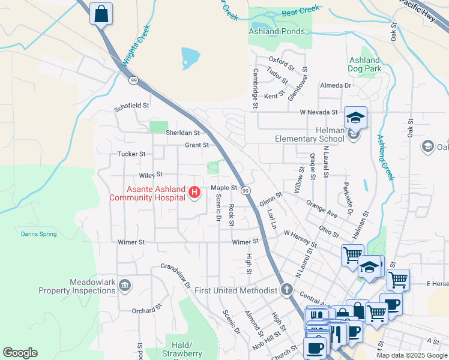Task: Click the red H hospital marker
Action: (194, 192)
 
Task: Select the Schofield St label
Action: (131, 106)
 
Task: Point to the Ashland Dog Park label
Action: (365, 64)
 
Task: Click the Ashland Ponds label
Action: (277, 31)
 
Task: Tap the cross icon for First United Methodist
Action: (287, 290)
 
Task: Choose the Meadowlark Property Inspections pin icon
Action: (125, 285)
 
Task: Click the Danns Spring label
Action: (38, 234)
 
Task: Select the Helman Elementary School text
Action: (309, 134)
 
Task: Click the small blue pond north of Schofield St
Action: (190, 58)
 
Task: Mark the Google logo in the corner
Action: (20, 353)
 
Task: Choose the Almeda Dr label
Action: (335, 86)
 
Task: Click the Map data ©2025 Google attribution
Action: (411, 355)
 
